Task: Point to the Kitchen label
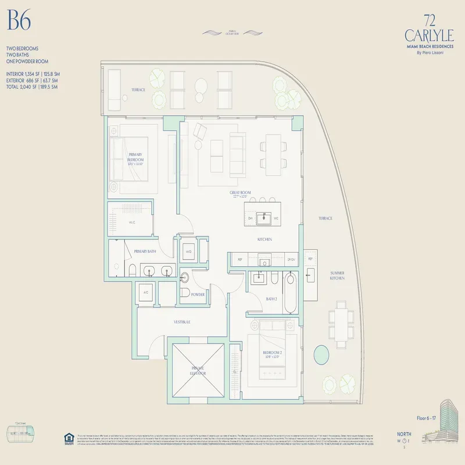265,239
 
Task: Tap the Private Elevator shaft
198,370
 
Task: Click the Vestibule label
183,321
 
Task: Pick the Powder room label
198,295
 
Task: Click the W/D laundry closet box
188,252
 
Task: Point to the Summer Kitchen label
338,276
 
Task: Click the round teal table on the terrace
320,353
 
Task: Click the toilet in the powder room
185,293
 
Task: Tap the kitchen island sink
267,218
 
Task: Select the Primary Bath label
145,251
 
